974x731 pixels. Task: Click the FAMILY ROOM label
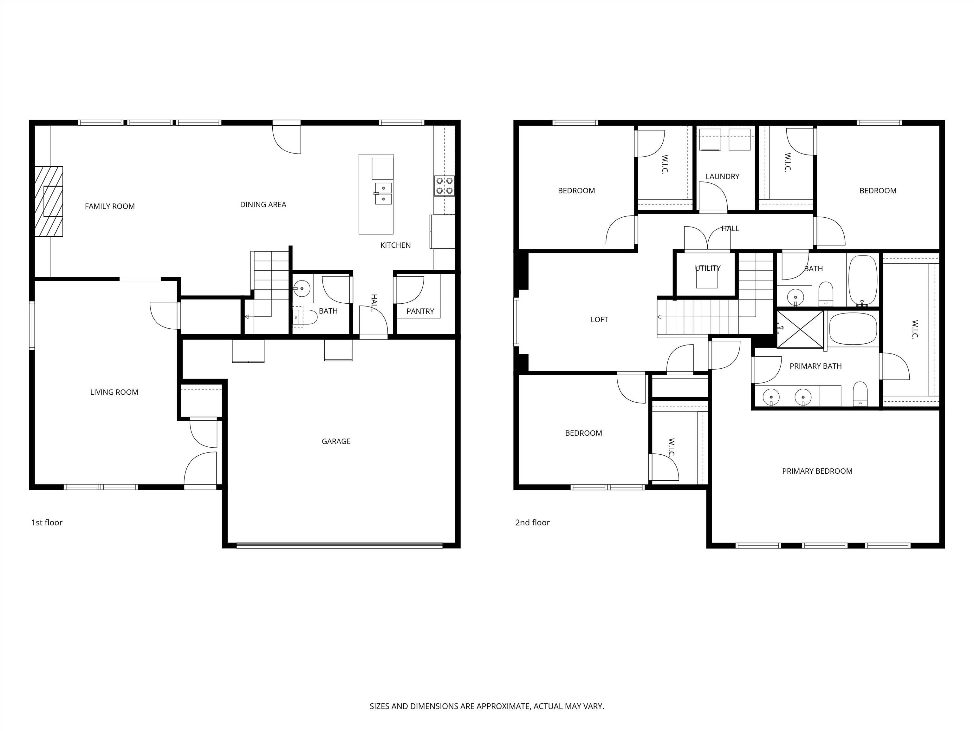click(110, 206)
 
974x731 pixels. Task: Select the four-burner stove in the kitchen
click(444, 186)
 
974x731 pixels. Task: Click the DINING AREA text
click(263, 204)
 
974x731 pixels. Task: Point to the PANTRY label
click(420, 311)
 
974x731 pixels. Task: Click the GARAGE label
click(336, 441)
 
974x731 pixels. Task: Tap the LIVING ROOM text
click(114, 392)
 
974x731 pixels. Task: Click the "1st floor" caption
click(47, 523)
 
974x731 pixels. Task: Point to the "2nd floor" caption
click(532, 523)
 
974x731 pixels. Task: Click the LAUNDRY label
click(722, 177)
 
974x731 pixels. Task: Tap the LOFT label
click(599, 319)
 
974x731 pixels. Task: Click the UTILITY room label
click(708, 268)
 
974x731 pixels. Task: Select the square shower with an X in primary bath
click(800, 329)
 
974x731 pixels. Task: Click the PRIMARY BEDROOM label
click(817, 471)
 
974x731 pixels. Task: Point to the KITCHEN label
click(395, 246)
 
